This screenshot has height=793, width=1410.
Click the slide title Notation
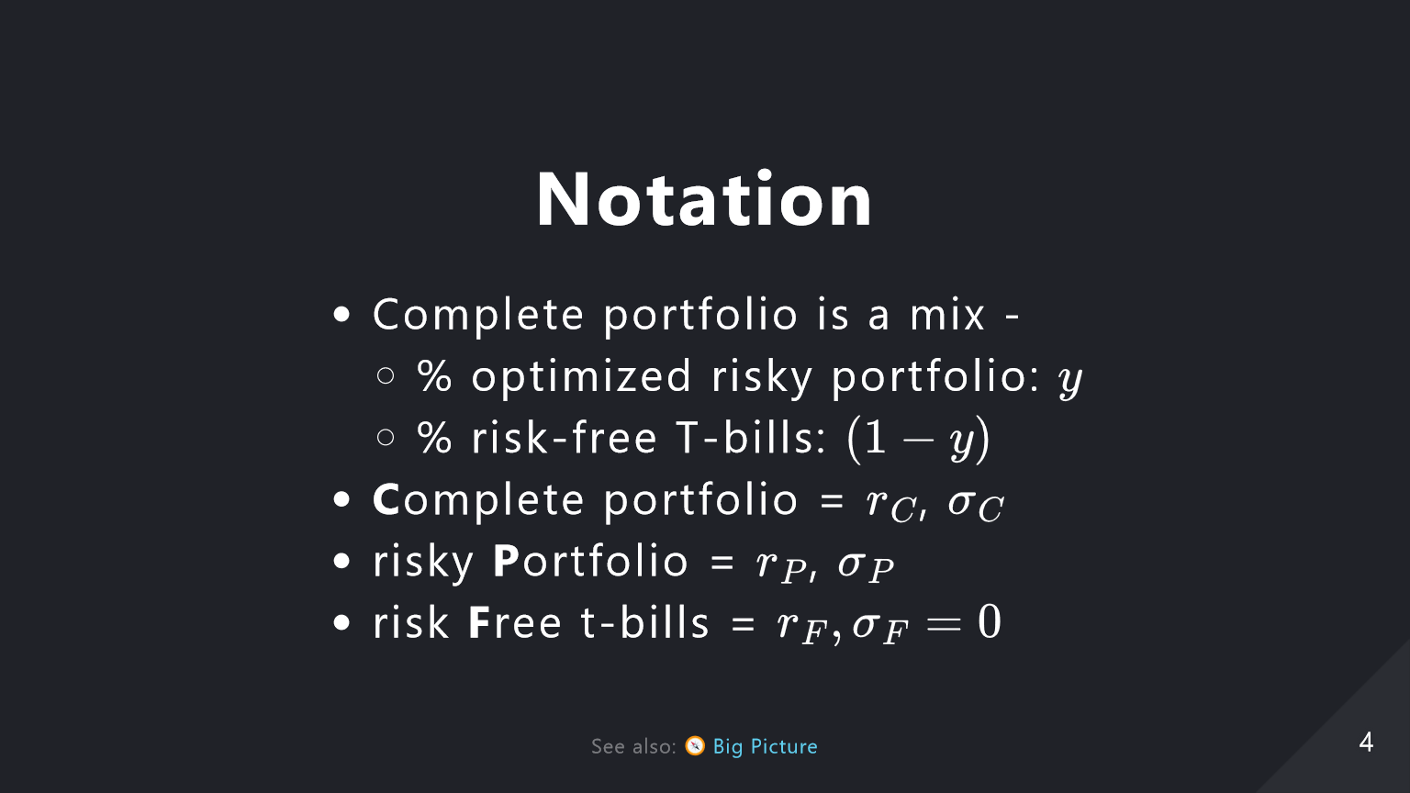point(704,199)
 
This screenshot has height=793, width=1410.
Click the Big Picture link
point(765,746)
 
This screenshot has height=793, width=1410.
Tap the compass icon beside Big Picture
point(695,746)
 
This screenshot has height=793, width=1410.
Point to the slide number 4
point(1366,742)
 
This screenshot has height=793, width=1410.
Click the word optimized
point(582,375)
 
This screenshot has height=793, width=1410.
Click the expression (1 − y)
point(919,440)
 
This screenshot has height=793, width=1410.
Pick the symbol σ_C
point(976,505)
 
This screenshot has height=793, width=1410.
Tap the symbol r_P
point(781,565)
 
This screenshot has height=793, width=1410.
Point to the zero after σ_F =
point(990,621)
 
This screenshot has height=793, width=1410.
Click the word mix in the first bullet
point(947,314)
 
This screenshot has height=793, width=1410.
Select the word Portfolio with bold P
point(590,561)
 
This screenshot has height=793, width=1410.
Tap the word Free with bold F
point(515,622)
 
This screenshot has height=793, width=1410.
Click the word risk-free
point(565,437)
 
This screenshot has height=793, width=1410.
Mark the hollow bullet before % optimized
point(386,375)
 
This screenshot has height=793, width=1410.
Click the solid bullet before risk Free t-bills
point(341,622)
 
